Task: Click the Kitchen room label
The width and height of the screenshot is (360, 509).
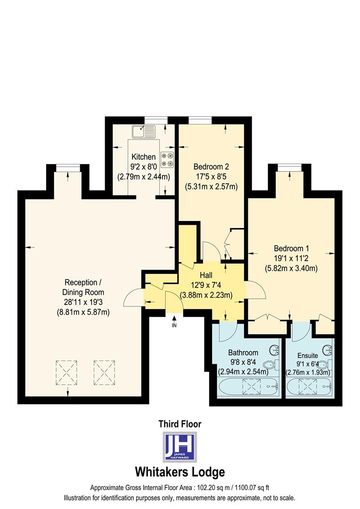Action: (143, 157)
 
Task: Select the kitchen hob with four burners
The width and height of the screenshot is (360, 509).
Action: (167, 159)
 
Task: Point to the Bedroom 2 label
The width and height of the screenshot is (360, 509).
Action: (211, 166)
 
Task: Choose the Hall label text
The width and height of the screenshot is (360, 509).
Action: (206, 275)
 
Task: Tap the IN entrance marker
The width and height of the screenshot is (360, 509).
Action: (174, 326)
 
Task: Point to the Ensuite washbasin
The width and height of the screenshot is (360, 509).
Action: (329, 351)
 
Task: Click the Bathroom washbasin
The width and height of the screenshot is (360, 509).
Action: (275, 350)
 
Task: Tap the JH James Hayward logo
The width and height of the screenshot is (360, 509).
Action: (180, 447)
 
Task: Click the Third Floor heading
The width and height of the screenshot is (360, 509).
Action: (180, 424)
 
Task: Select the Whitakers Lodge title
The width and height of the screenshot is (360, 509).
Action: (180, 472)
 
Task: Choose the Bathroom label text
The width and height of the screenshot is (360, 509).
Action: (243, 353)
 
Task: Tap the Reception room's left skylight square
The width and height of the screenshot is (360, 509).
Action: (66, 373)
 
